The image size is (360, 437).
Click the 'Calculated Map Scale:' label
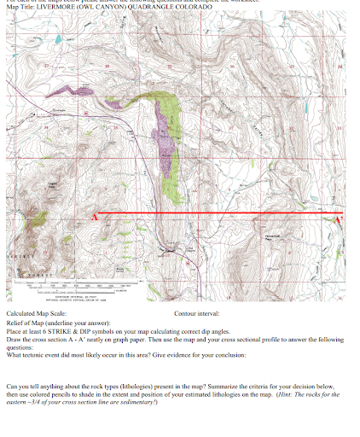pos(35,314)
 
